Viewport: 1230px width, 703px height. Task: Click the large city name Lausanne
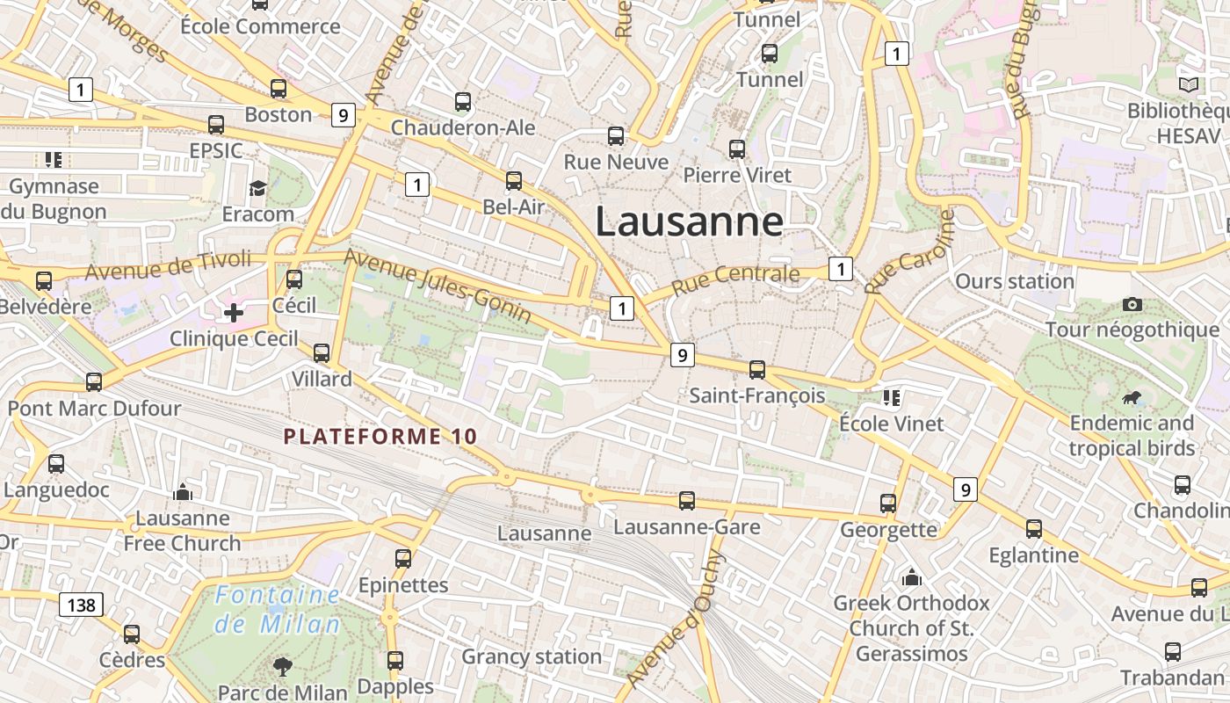click(x=689, y=221)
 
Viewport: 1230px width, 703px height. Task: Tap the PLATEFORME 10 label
click(x=380, y=436)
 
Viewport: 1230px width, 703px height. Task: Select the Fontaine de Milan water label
click(x=278, y=610)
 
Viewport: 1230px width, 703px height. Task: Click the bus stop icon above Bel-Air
click(x=514, y=181)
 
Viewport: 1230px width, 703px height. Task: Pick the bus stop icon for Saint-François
click(x=757, y=370)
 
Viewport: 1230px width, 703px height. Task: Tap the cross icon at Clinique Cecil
click(x=234, y=313)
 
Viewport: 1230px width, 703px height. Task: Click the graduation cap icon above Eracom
click(x=257, y=188)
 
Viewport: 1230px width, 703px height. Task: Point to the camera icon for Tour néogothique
click(x=1132, y=304)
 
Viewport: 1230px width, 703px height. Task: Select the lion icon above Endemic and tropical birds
click(x=1132, y=398)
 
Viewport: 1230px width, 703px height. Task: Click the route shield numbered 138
click(x=82, y=605)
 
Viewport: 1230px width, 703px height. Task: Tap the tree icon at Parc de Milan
click(x=283, y=666)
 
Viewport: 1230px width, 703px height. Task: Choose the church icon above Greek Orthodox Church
click(x=912, y=577)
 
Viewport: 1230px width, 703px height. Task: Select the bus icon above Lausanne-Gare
click(x=687, y=501)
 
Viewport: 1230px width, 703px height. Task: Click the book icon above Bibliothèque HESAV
click(x=1189, y=85)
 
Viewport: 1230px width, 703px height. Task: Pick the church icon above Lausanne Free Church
click(x=183, y=492)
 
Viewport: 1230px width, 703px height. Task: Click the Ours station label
click(x=1015, y=282)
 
